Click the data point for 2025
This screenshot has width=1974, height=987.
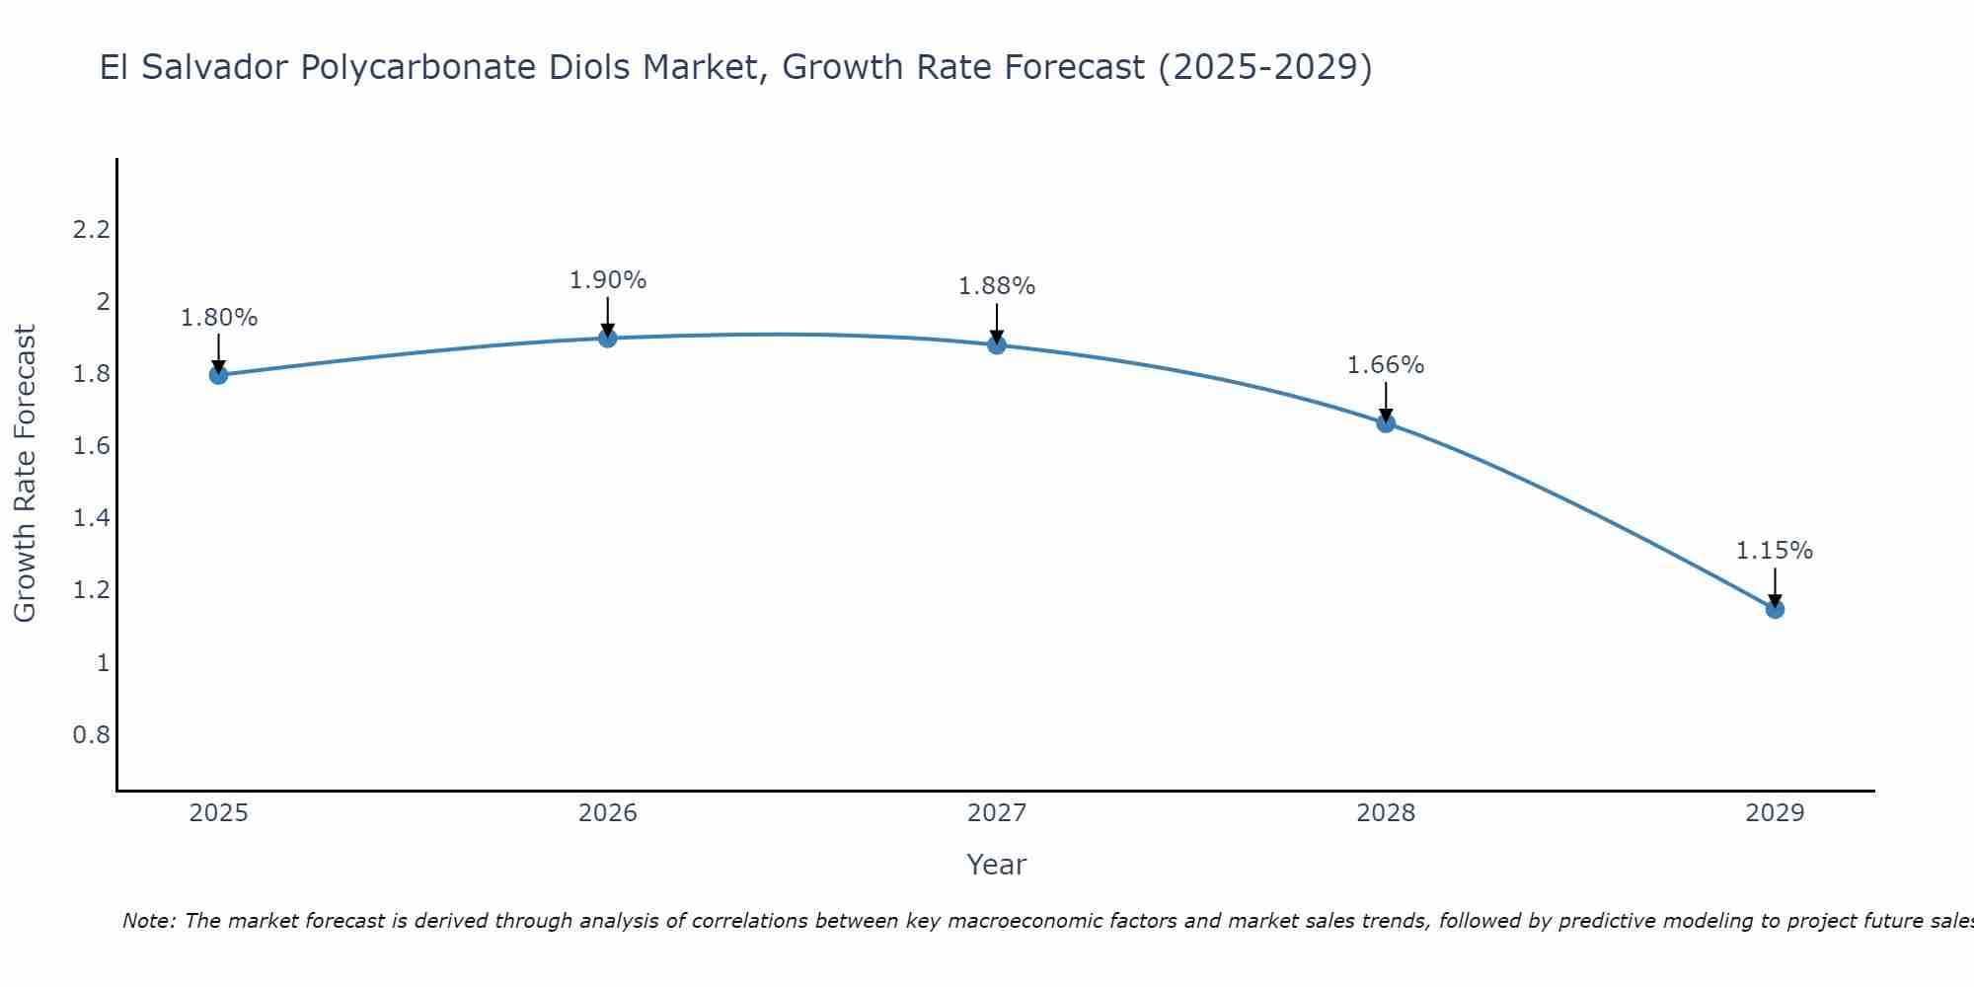[219, 375]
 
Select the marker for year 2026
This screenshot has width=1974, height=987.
[608, 339]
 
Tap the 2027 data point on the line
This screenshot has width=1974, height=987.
[997, 344]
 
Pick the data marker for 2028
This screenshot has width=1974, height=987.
[1386, 423]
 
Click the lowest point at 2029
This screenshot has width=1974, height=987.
[1775, 609]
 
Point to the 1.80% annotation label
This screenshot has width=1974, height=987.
[219, 318]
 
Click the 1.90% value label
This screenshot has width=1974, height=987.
[608, 280]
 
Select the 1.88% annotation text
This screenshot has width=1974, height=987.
[997, 286]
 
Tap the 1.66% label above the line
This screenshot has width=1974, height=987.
[1386, 365]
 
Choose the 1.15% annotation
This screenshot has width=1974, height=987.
[1775, 551]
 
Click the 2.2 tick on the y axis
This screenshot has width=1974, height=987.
[91, 230]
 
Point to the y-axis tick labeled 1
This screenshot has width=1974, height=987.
[103, 662]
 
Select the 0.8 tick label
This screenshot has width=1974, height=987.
[91, 735]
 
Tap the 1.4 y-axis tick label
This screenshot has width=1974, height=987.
[91, 518]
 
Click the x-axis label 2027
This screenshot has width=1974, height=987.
[997, 813]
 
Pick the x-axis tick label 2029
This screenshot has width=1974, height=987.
[1775, 813]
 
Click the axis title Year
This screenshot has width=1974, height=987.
[997, 865]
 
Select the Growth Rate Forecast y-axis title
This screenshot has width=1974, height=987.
[25, 474]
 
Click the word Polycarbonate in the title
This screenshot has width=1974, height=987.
[466, 67]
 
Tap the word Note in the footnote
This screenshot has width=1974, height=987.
[148, 921]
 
